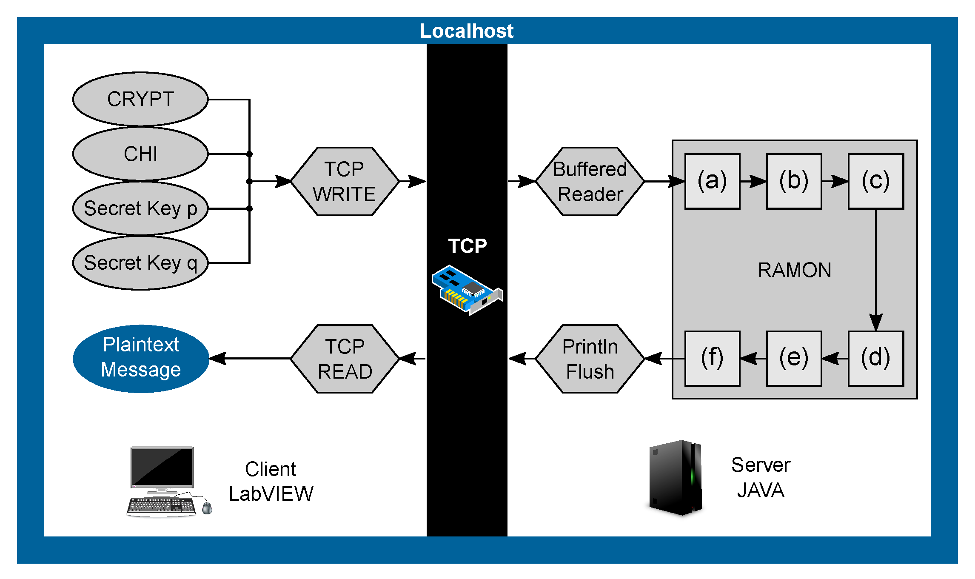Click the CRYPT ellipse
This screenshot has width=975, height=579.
[140, 99]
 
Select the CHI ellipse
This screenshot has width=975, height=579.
[140, 154]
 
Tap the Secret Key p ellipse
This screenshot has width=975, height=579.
[140, 208]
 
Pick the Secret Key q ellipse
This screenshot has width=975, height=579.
[140, 263]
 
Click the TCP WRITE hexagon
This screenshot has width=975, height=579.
[345, 182]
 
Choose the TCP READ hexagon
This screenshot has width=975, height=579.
[345, 359]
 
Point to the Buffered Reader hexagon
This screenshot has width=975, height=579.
[590, 182]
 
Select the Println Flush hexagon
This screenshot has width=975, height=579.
[590, 359]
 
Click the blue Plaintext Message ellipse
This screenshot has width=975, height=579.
[141, 358]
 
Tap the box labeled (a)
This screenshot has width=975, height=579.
[712, 181]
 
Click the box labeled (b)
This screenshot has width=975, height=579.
[794, 181]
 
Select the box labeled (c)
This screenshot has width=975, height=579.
[875, 181]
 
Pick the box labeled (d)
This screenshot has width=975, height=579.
[875, 358]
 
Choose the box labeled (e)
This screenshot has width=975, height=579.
[794, 358]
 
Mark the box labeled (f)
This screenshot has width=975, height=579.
[712, 358]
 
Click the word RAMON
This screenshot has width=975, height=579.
[794, 270]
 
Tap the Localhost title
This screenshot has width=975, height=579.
[467, 31]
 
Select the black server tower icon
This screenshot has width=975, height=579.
[676, 477]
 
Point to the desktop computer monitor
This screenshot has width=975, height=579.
[162, 468]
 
